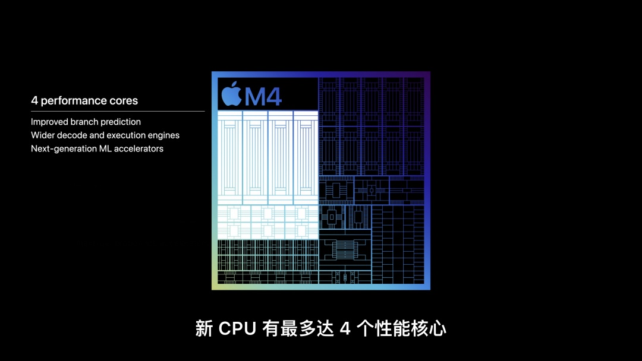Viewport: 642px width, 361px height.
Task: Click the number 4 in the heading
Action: click(34, 101)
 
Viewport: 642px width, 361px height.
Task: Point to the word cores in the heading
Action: click(124, 101)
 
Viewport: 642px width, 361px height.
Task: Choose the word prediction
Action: click(121, 122)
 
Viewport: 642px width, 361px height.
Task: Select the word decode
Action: click(72, 135)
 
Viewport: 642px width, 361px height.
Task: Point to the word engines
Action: click(165, 135)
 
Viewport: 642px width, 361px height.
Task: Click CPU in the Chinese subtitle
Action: click(238, 328)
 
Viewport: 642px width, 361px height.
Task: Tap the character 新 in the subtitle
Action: click(204, 328)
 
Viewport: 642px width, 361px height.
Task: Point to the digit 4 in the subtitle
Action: click(345, 328)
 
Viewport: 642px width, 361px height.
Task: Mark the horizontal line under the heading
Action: click(118, 111)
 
